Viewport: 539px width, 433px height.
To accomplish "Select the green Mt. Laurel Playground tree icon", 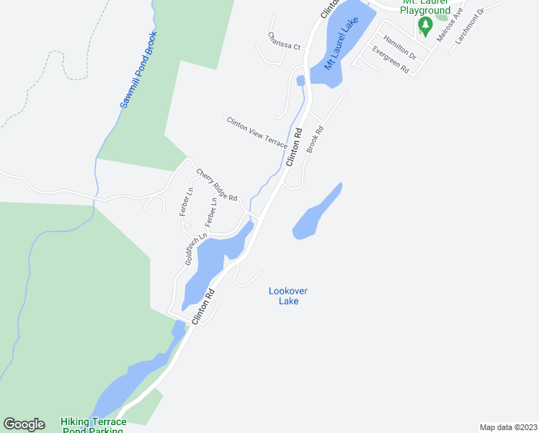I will (x=425, y=27).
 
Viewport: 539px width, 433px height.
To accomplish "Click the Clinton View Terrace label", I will (x=257, y=132).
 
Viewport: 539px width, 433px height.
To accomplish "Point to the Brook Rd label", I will (x=315, y=139).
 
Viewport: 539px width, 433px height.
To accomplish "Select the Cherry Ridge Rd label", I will (x=217, y=185).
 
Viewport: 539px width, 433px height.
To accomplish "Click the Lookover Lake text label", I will (x=288, y=296).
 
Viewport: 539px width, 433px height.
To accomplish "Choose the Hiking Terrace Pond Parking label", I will (x=94, y=426).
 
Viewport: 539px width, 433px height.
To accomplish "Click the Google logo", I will (x=24, y=424).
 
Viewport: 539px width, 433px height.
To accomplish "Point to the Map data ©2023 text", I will (x=508, y=427).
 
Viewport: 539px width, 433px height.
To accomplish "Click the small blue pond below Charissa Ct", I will (x=300, y=80).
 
